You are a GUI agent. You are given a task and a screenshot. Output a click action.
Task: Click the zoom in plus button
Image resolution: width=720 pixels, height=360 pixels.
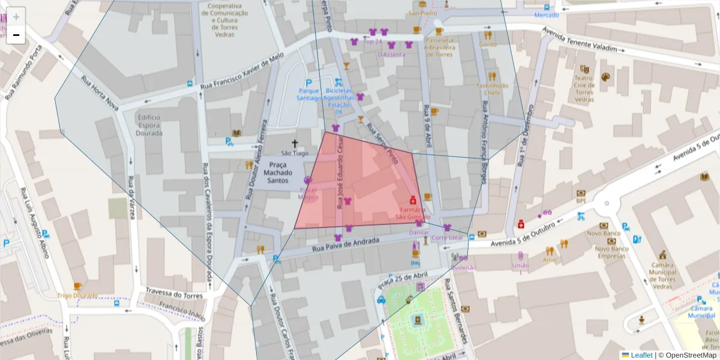pos(16,17)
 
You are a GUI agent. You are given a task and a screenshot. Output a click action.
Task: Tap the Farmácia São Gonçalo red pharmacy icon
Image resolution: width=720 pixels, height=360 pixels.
pos(413,200)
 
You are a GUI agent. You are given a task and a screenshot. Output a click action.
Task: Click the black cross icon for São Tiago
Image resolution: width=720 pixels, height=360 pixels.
pos(295,143)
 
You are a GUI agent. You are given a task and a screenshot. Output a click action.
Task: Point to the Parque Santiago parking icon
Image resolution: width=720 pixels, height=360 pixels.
pos(309,83)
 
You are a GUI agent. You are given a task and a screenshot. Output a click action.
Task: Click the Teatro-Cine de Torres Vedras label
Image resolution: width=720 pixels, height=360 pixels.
pos(584,88)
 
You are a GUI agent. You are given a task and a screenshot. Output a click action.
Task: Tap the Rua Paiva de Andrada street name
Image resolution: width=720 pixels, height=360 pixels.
pos(346,244)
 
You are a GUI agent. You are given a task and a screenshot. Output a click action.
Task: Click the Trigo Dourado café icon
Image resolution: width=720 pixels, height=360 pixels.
pos(77,286)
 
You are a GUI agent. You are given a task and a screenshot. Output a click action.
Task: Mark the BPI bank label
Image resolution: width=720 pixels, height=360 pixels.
pos(580,201)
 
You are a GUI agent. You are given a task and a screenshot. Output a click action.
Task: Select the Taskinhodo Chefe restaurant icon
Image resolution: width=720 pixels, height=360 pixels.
pos(492,76)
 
